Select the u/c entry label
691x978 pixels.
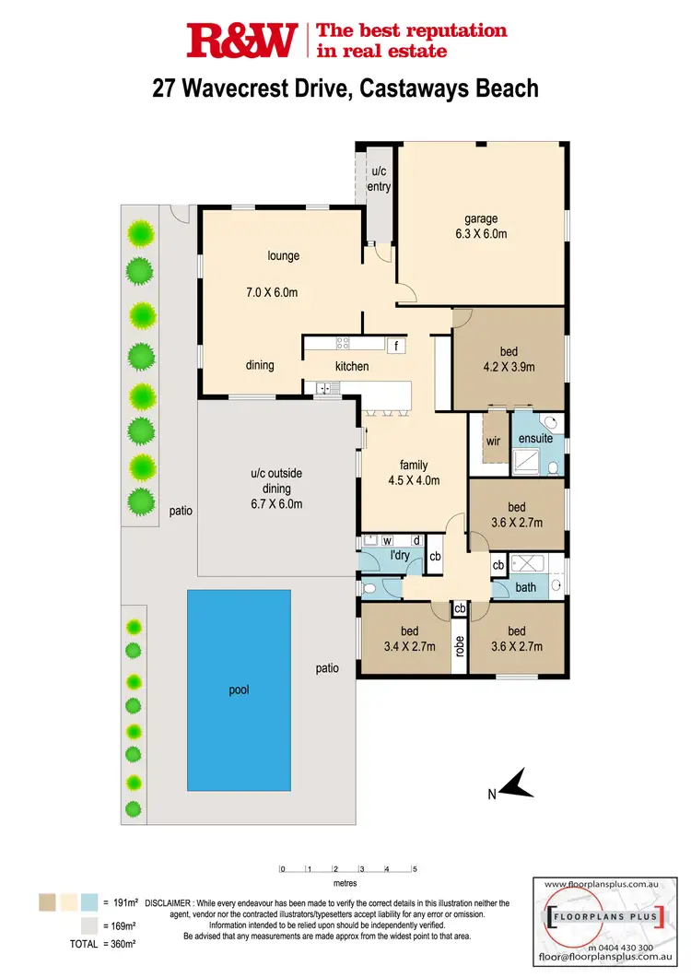click(380, 180)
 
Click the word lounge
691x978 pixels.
click(284, 256)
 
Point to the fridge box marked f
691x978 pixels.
click(395, 346)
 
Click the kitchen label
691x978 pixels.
click(352, 366)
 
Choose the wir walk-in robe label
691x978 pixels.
click(493, 440)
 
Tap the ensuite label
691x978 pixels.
click(535, 438)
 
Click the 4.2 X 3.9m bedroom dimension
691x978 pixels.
click(509, 367)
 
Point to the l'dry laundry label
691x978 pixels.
click(400, 556)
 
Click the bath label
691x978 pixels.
click(526, 586)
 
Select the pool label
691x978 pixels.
click(240, 689)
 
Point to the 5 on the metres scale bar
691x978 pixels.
click(416, 868)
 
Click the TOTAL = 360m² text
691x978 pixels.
click(103, 944)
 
